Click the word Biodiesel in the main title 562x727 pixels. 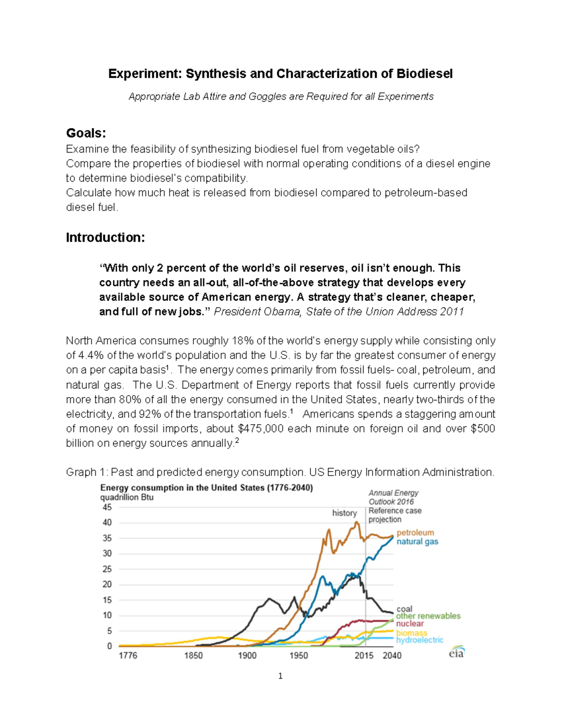pos(424,74)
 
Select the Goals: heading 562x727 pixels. pos(86,133)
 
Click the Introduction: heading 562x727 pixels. pos(105,238)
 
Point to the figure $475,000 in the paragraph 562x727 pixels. pos(261,429)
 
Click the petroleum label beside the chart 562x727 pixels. pos(415,533)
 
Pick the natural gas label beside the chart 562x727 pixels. pos(417,542)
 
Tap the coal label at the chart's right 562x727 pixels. pos(404,609)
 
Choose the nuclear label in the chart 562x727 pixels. pos(409,624)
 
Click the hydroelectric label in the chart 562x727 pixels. pos(419,640)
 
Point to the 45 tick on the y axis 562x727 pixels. pos(107,507)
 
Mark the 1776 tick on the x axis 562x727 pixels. pos(128,655)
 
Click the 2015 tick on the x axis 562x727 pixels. pos(364,655)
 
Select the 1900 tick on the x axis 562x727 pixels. pos(247,655)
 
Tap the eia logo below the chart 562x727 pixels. pos(456,653)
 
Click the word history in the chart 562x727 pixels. pos(344,513)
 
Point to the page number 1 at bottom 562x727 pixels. pos(280,676)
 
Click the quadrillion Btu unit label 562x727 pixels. pos(127,497)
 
